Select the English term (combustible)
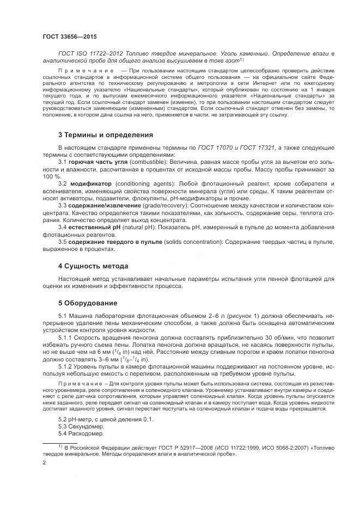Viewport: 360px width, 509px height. (x=142, y=162)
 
